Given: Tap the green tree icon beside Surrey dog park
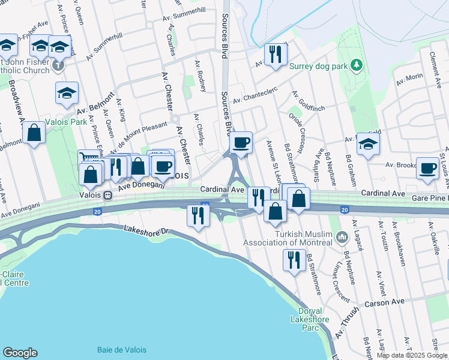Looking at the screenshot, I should click(357, 64).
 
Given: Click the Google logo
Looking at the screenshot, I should click(20, 353).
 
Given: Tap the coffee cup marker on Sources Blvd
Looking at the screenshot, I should click(241, 143).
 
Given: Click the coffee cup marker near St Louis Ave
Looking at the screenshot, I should click(427, 168).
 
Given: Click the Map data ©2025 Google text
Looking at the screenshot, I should click(412, 355).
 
